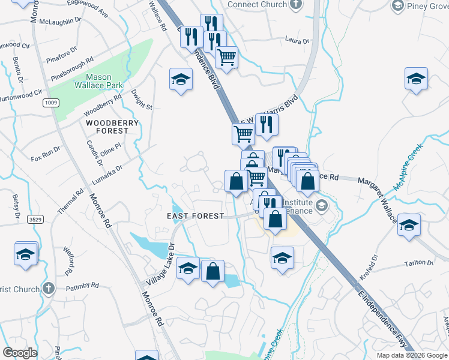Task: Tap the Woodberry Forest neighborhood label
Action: click(112, 127)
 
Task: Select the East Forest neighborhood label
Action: click(196, 216)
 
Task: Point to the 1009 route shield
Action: click(50, 104)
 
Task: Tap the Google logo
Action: click(20, 353)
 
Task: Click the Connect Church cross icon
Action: click(295, 5)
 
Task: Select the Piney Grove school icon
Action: click(397, 5)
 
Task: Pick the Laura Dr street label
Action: click(297, 41)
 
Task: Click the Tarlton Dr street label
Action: click(420, 263)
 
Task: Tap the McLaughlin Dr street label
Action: click(61, 20)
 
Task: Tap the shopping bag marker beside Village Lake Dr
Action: click(212, 271)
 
